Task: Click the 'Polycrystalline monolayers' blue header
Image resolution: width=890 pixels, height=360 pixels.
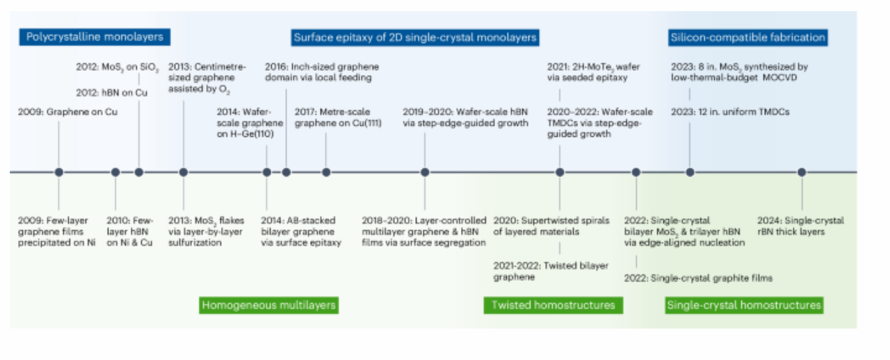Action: tap(95, 37)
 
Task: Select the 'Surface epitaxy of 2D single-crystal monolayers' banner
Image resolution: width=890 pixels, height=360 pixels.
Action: tap(415, 38)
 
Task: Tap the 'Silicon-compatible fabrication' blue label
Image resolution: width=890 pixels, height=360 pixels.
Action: tap(747, 38)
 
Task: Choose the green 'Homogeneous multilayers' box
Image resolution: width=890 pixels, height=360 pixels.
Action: tap(268, 305)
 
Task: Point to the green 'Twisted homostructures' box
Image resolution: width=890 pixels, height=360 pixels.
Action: tap(553, 305)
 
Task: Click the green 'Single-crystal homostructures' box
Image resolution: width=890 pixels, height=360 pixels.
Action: tap(744, 305)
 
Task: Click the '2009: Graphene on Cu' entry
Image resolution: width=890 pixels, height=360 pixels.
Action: tap(67, 112)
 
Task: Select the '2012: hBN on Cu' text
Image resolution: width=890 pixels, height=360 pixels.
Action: tap(112, 93)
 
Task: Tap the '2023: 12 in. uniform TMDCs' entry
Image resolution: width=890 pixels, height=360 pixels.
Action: tap(730, 112)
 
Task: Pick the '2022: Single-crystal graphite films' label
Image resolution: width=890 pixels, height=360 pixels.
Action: tap(698, 278)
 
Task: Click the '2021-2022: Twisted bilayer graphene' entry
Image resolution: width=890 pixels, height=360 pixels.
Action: tap(551, 272)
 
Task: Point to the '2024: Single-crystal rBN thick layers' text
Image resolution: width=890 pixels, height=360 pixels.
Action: tap(800, 226)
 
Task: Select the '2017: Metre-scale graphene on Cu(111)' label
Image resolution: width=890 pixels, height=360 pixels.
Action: tap(338, 117)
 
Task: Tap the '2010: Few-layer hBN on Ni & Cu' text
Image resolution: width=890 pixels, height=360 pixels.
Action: tap(129, 231)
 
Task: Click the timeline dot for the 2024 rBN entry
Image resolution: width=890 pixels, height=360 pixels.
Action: tap(802, 172)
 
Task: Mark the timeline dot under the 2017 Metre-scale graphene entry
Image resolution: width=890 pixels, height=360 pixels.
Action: tap(326, 172)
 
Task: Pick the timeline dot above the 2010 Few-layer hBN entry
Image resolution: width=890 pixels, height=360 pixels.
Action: tap(115, 172)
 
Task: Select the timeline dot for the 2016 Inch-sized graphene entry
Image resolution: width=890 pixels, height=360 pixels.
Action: tap(286, 172)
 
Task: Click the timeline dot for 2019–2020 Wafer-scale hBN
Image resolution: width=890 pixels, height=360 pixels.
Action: tap(425, 172)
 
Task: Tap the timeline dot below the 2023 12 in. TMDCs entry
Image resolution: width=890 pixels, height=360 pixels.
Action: tap(690, 172)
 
